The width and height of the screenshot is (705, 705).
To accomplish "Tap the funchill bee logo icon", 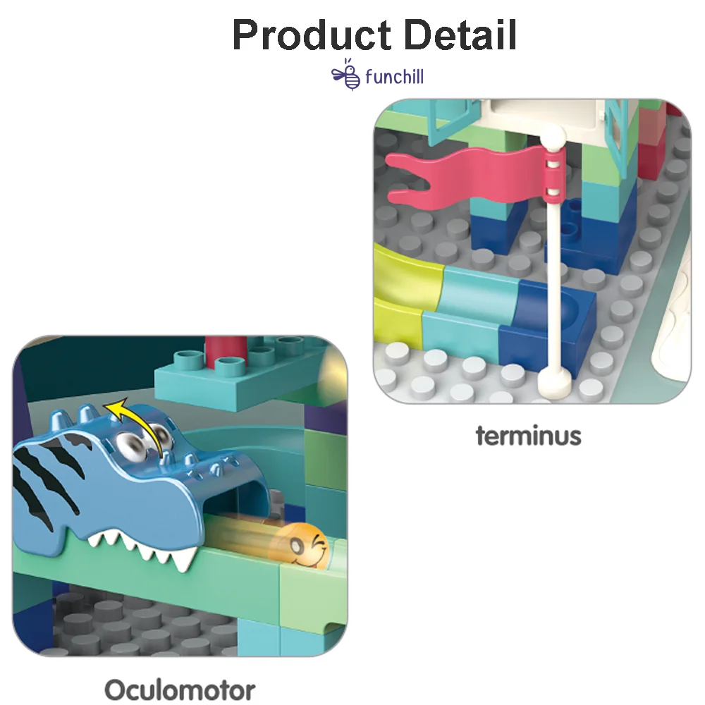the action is click(346, 75).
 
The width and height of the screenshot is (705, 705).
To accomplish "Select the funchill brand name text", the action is click(394, 76).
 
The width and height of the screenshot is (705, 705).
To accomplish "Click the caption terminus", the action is click(528, 436).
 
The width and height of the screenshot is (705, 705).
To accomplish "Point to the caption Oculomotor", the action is click(180, 689).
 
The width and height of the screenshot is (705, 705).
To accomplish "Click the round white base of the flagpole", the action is click(554, 381).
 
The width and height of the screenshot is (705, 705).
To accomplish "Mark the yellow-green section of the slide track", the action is click(399, 289).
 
